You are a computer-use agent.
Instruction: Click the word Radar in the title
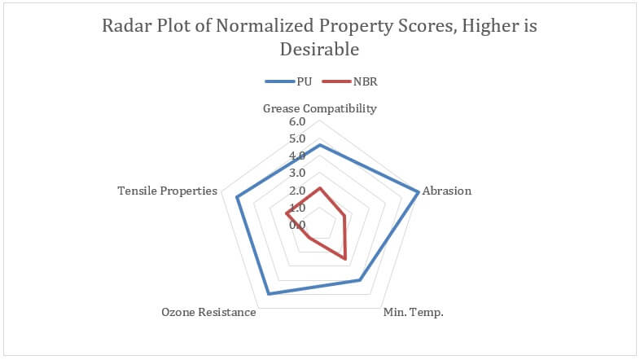pyautogui.click(x=125, y=25)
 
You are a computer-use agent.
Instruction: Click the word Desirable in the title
pyautogui.click(x=319, y=49)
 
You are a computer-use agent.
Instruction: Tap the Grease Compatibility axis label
pyautogui.click(x=320, y=108)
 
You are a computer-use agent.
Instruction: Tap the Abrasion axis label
pyautogui.click(x=447, y=191)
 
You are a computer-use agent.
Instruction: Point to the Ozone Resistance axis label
pyautogui.click(x=208, y=313)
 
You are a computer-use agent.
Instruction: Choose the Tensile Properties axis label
pyautogui.click(x=168, y=191)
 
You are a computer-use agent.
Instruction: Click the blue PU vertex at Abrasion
pyautogui.click(x=419, y=192)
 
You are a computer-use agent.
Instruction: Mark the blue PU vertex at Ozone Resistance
pyautogui.click(x=268, y=293)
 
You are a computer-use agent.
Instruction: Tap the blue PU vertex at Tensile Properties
pyautogui.click(x=237, y=198)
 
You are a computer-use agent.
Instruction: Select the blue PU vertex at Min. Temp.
pyautogui.click(x=359, y=280)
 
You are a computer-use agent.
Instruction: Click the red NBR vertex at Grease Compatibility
pyautogui.click(x=319, y=188)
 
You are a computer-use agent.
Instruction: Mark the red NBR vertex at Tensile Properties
pyautogui.click(x=287, y=214)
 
